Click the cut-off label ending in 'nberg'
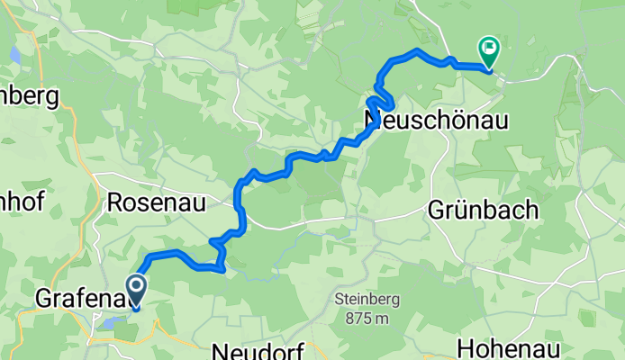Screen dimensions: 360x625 (x=29, y=94)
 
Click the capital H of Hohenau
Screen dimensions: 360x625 (x=466, y=348)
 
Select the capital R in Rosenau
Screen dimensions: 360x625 (x=114, y=202)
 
